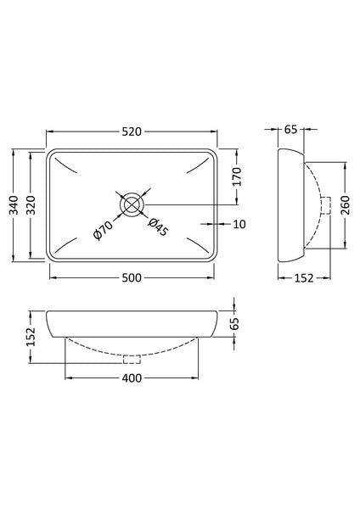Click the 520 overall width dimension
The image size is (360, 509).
(132, 131)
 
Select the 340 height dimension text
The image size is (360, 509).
(14, 204)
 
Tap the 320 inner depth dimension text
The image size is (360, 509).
(31, 204)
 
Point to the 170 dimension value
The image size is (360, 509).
(238, 176)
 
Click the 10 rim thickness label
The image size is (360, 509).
(239, 224)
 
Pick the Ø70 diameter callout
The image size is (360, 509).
(103, 230)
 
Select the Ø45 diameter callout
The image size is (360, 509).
(158, 227)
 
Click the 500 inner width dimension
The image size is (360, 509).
(132, 278)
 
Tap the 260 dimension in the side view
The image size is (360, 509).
(346, 204)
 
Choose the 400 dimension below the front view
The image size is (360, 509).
(132, 378)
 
